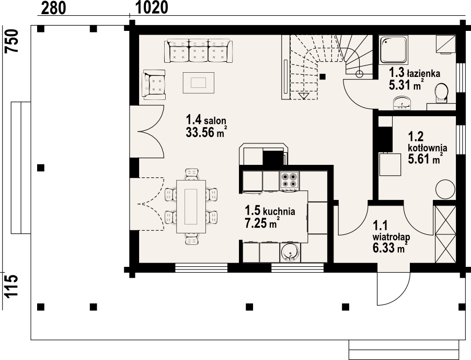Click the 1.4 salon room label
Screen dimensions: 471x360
pyautogui.click(x=206, y=120)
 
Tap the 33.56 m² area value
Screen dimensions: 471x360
pyautogui.click(x=206, y=132)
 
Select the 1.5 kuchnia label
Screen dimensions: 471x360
pyautogui.click(x=270, y=210)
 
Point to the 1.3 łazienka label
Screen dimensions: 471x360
pyautogui.click(x=415, y=73)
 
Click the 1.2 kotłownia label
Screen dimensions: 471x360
pyautogui.click(x=427, y=142)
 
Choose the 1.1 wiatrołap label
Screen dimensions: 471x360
pyautogui.click(x=391, y=231)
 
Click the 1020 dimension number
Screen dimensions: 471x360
pyautogui.click(x=152, y=7)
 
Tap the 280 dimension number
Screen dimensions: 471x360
pyautogui.click(x=53, y=8)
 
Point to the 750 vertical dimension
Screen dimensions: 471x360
pyautogui.click(x=12, y=41)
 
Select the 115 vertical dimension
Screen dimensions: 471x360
pyautogui.click(x=12, y=286)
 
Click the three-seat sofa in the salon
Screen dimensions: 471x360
pyautogui.click(x=198, y=51)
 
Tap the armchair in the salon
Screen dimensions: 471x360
pyautogui.click(x=154, y=85)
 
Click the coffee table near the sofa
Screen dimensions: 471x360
pyautogui.click(x=199, y=83)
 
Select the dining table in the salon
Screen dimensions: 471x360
pyautogui.click(x=191, y=206)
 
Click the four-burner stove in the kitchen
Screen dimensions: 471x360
pyautogui.click(x=289, y=181)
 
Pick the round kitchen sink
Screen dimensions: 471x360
pyautogui.click(x=290, y=252)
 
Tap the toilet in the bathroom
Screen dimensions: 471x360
pyautogui.click(x=442, y=92)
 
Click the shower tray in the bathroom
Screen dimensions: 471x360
pyautogui.click(x=393, y=50)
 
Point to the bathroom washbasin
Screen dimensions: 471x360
pyautogui.click(x=402, y=103)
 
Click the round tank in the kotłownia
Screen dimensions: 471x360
pyautogui.click(x=445, y=189)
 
